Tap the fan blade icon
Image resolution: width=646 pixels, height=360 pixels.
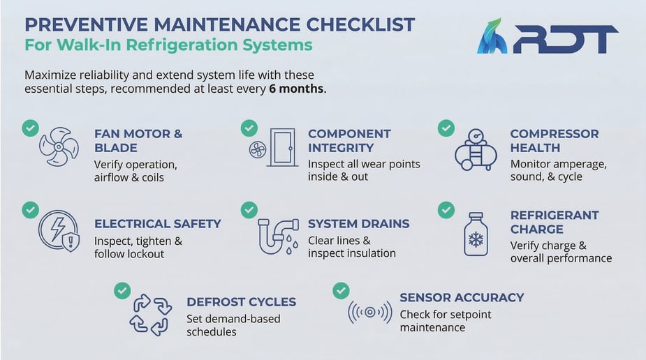click(x=59, y=146)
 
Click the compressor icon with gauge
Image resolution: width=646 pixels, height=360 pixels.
click(x=475, y=149)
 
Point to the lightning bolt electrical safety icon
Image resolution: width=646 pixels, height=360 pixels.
click(x=59, y=231)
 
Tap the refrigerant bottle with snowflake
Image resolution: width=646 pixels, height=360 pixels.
click(x=476, y=235)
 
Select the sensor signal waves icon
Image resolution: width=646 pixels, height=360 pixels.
click(x=369, y=312)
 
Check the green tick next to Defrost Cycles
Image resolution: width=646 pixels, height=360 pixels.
click(x=122, y=290)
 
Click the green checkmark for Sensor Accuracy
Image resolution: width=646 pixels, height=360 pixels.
click(x=341, y=290)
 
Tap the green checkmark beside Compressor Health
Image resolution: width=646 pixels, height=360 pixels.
click(x=446, y=128)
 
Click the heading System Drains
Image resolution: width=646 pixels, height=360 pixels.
click(x=358, y=224)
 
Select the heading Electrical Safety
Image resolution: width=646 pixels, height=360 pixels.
click(x=157, y=224)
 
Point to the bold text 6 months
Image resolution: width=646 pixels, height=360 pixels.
click(x=297, y=89)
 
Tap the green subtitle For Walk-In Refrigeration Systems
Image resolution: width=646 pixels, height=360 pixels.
click(x=168, y=46)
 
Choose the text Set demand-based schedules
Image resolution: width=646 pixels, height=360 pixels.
click(x=233, y=325)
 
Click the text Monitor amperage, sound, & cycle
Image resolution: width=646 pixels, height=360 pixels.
click(x=558, y=170)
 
